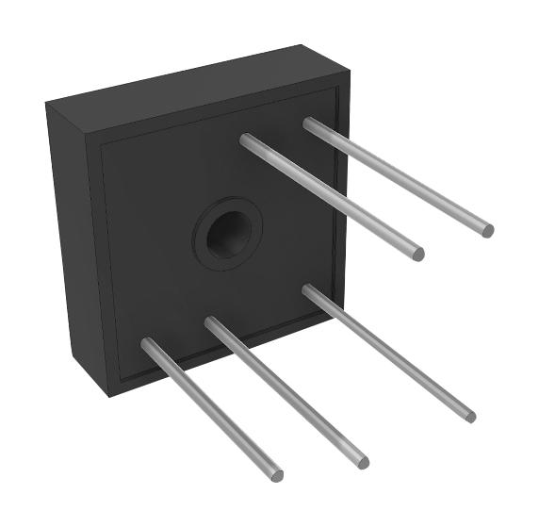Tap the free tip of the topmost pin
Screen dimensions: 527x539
pos(486,229)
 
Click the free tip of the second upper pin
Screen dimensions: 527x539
pos(417,254)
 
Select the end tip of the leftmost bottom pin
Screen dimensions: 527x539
pos(276,474)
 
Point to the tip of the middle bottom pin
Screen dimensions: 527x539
pos(362,462)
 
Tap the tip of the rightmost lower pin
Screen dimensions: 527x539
pos(469,415)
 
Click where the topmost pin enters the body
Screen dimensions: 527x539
pos(309,123)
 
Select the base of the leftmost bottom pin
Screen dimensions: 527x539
pos(148,343)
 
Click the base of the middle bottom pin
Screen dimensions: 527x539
pos(211,322)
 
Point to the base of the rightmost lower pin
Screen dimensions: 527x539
pos(308,289)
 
